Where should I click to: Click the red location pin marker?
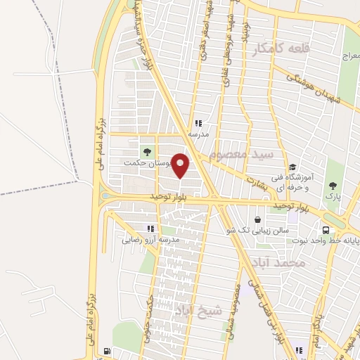pos(181,166)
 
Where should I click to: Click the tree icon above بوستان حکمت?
pos(147,151)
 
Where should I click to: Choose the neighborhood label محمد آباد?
pos(289,262)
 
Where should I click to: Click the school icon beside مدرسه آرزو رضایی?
pos(150,229)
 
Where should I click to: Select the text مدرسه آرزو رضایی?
pos(151,240)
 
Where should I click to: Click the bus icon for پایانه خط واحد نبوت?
pos(326,229)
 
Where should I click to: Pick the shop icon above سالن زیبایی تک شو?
pos(259,219)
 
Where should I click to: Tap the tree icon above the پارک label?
pos(333,186)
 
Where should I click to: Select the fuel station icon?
pos(106,351)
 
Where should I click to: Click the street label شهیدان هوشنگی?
pos(308,86)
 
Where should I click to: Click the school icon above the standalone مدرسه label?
pos(198,124)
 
